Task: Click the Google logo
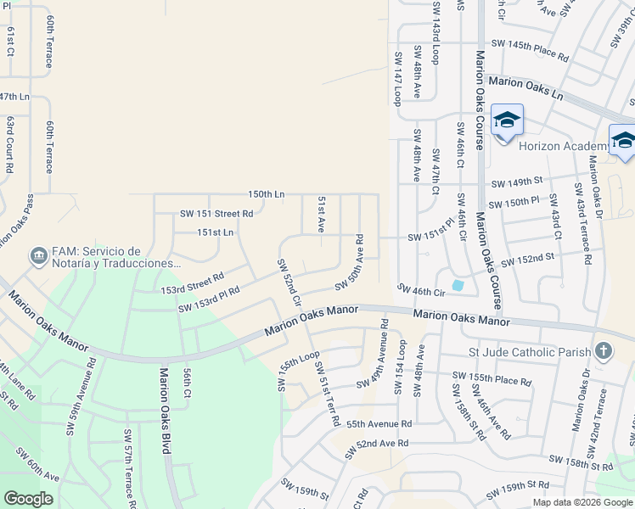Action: tap(28, 499)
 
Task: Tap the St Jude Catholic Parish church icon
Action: tap(603, 350)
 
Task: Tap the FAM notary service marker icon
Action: tap(37, 255)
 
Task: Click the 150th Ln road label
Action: tap(266, 194)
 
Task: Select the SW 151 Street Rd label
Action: tap(216, 214)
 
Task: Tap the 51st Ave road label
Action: tap(322, 215)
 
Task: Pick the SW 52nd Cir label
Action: tap(289, 282)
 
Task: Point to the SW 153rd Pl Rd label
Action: tap(209, 299)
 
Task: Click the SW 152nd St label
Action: tap(527, 259)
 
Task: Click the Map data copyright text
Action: tap(582, 502)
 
